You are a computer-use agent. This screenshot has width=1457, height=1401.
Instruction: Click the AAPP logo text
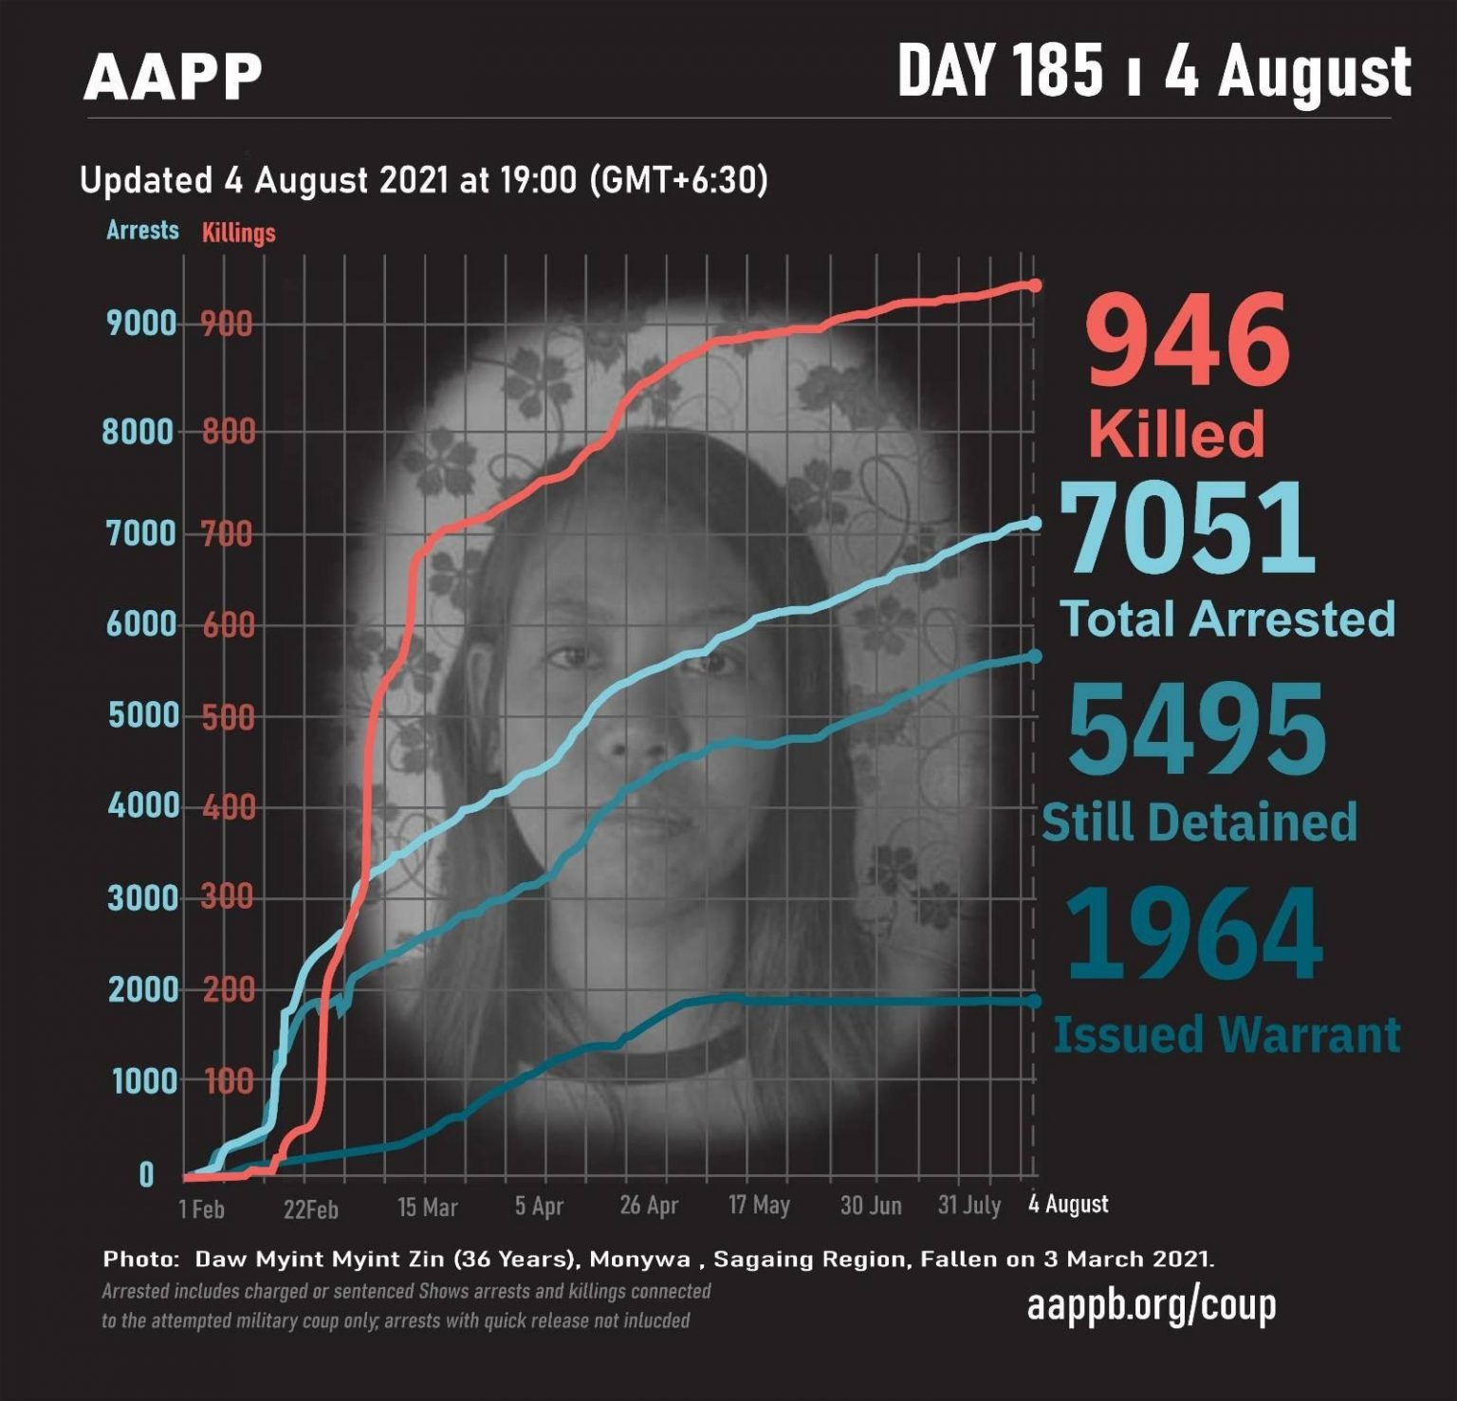[172, 77]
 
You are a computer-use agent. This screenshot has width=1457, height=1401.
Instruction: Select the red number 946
[1188, 341]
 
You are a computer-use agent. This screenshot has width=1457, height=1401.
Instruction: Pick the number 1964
[1193, 935]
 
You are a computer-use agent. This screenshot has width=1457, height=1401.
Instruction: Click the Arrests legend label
[142, 230]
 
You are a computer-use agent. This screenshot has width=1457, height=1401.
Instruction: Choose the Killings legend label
[238, 232]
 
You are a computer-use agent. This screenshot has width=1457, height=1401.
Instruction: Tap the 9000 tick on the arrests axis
[142, 323]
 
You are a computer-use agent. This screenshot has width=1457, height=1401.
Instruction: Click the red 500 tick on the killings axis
[228, 716]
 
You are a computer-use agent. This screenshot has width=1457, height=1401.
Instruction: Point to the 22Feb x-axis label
[310, 1209]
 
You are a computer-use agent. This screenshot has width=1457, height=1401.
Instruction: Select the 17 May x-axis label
[759, 1206]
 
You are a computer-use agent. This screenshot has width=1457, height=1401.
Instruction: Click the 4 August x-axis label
[1068, 1205]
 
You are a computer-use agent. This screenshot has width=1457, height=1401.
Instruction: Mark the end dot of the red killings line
[1035, 286]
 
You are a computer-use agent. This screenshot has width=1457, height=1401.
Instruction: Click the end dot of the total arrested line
[1035, 524]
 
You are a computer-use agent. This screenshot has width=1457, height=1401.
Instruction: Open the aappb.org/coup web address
[1151, 1306]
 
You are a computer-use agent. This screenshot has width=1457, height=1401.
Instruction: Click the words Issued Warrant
[1226, 1034]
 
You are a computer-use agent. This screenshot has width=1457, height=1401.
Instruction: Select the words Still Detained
[1199, 822]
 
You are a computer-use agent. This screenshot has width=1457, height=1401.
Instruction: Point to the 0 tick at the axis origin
[146, 1175]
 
